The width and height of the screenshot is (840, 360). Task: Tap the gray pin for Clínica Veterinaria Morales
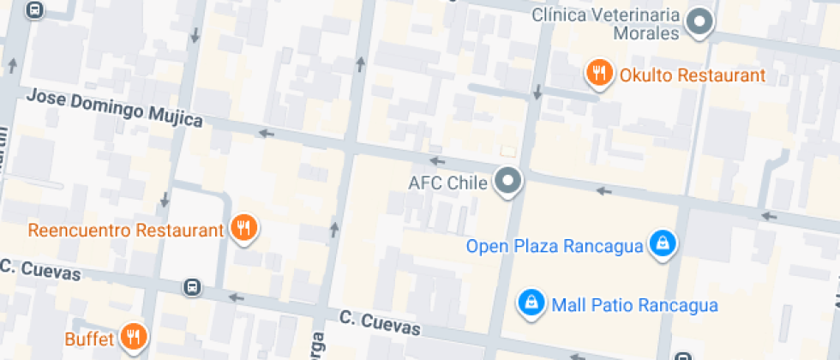[702, 21]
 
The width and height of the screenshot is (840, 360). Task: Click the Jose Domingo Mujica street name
[114, 108]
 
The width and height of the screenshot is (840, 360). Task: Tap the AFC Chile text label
[447, 183]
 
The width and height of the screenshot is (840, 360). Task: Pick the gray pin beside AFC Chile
[511, 182]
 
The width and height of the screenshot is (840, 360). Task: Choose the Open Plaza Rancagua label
[555, 247]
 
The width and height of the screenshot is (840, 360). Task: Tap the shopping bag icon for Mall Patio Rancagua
[531, 303]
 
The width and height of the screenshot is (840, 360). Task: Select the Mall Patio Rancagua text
[634, 305]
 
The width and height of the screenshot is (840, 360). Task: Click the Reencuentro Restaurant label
[125, 230]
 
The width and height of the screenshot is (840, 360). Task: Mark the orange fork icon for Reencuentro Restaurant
[244, 228]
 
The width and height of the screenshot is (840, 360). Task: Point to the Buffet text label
[89, 339]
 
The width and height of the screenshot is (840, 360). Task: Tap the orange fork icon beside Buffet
[133, 337]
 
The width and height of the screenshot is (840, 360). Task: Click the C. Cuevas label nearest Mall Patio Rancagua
[380, 323]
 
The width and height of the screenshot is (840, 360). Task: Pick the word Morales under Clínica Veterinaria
[645, 33]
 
